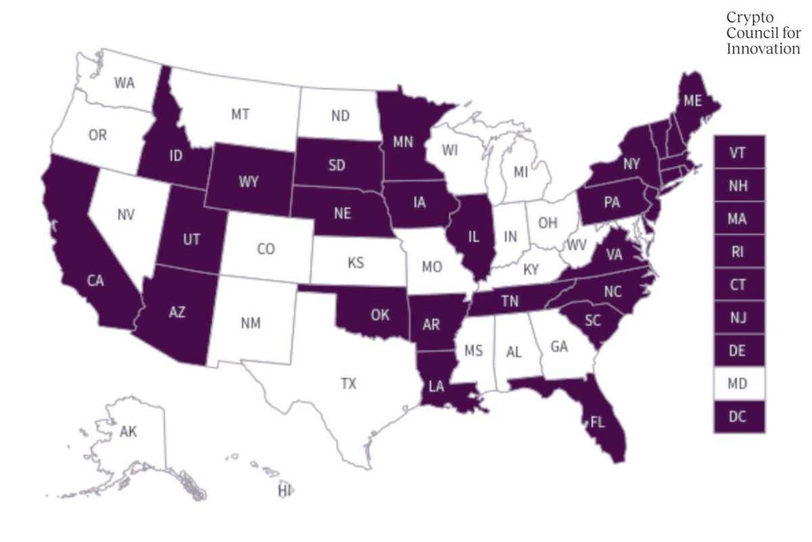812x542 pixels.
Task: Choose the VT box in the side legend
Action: coord(739,153)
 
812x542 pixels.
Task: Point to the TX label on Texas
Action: coord(348,384)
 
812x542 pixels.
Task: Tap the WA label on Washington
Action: coord(124,83)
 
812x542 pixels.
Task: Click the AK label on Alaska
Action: coord(128,432)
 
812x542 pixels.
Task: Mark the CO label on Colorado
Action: coord(266,249)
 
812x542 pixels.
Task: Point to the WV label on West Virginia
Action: coord(575,243)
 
